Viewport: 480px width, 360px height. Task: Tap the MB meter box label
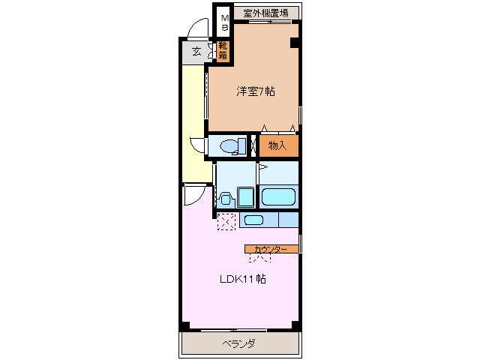pos(224,22)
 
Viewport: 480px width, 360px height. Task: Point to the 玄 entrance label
pos(196,51)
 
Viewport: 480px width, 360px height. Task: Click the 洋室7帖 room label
pos(256,91)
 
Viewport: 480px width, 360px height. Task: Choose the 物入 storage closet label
pos(278,145)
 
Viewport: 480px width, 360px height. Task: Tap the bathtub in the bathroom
pos(279,198)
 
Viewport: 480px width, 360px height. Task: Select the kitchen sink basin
pos(254,220)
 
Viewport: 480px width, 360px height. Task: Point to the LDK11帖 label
pos(241,279)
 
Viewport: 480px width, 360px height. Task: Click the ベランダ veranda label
pos(239,343)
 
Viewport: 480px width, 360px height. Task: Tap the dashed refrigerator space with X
pos(226,222)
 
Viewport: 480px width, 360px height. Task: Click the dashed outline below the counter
pos(260,257)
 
